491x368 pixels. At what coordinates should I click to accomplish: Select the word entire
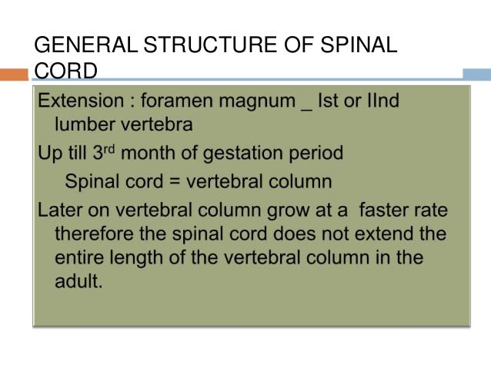point(78,257)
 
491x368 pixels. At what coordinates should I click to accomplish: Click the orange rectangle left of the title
point(13,75)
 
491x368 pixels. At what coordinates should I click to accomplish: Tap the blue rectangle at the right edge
point(476,75)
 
